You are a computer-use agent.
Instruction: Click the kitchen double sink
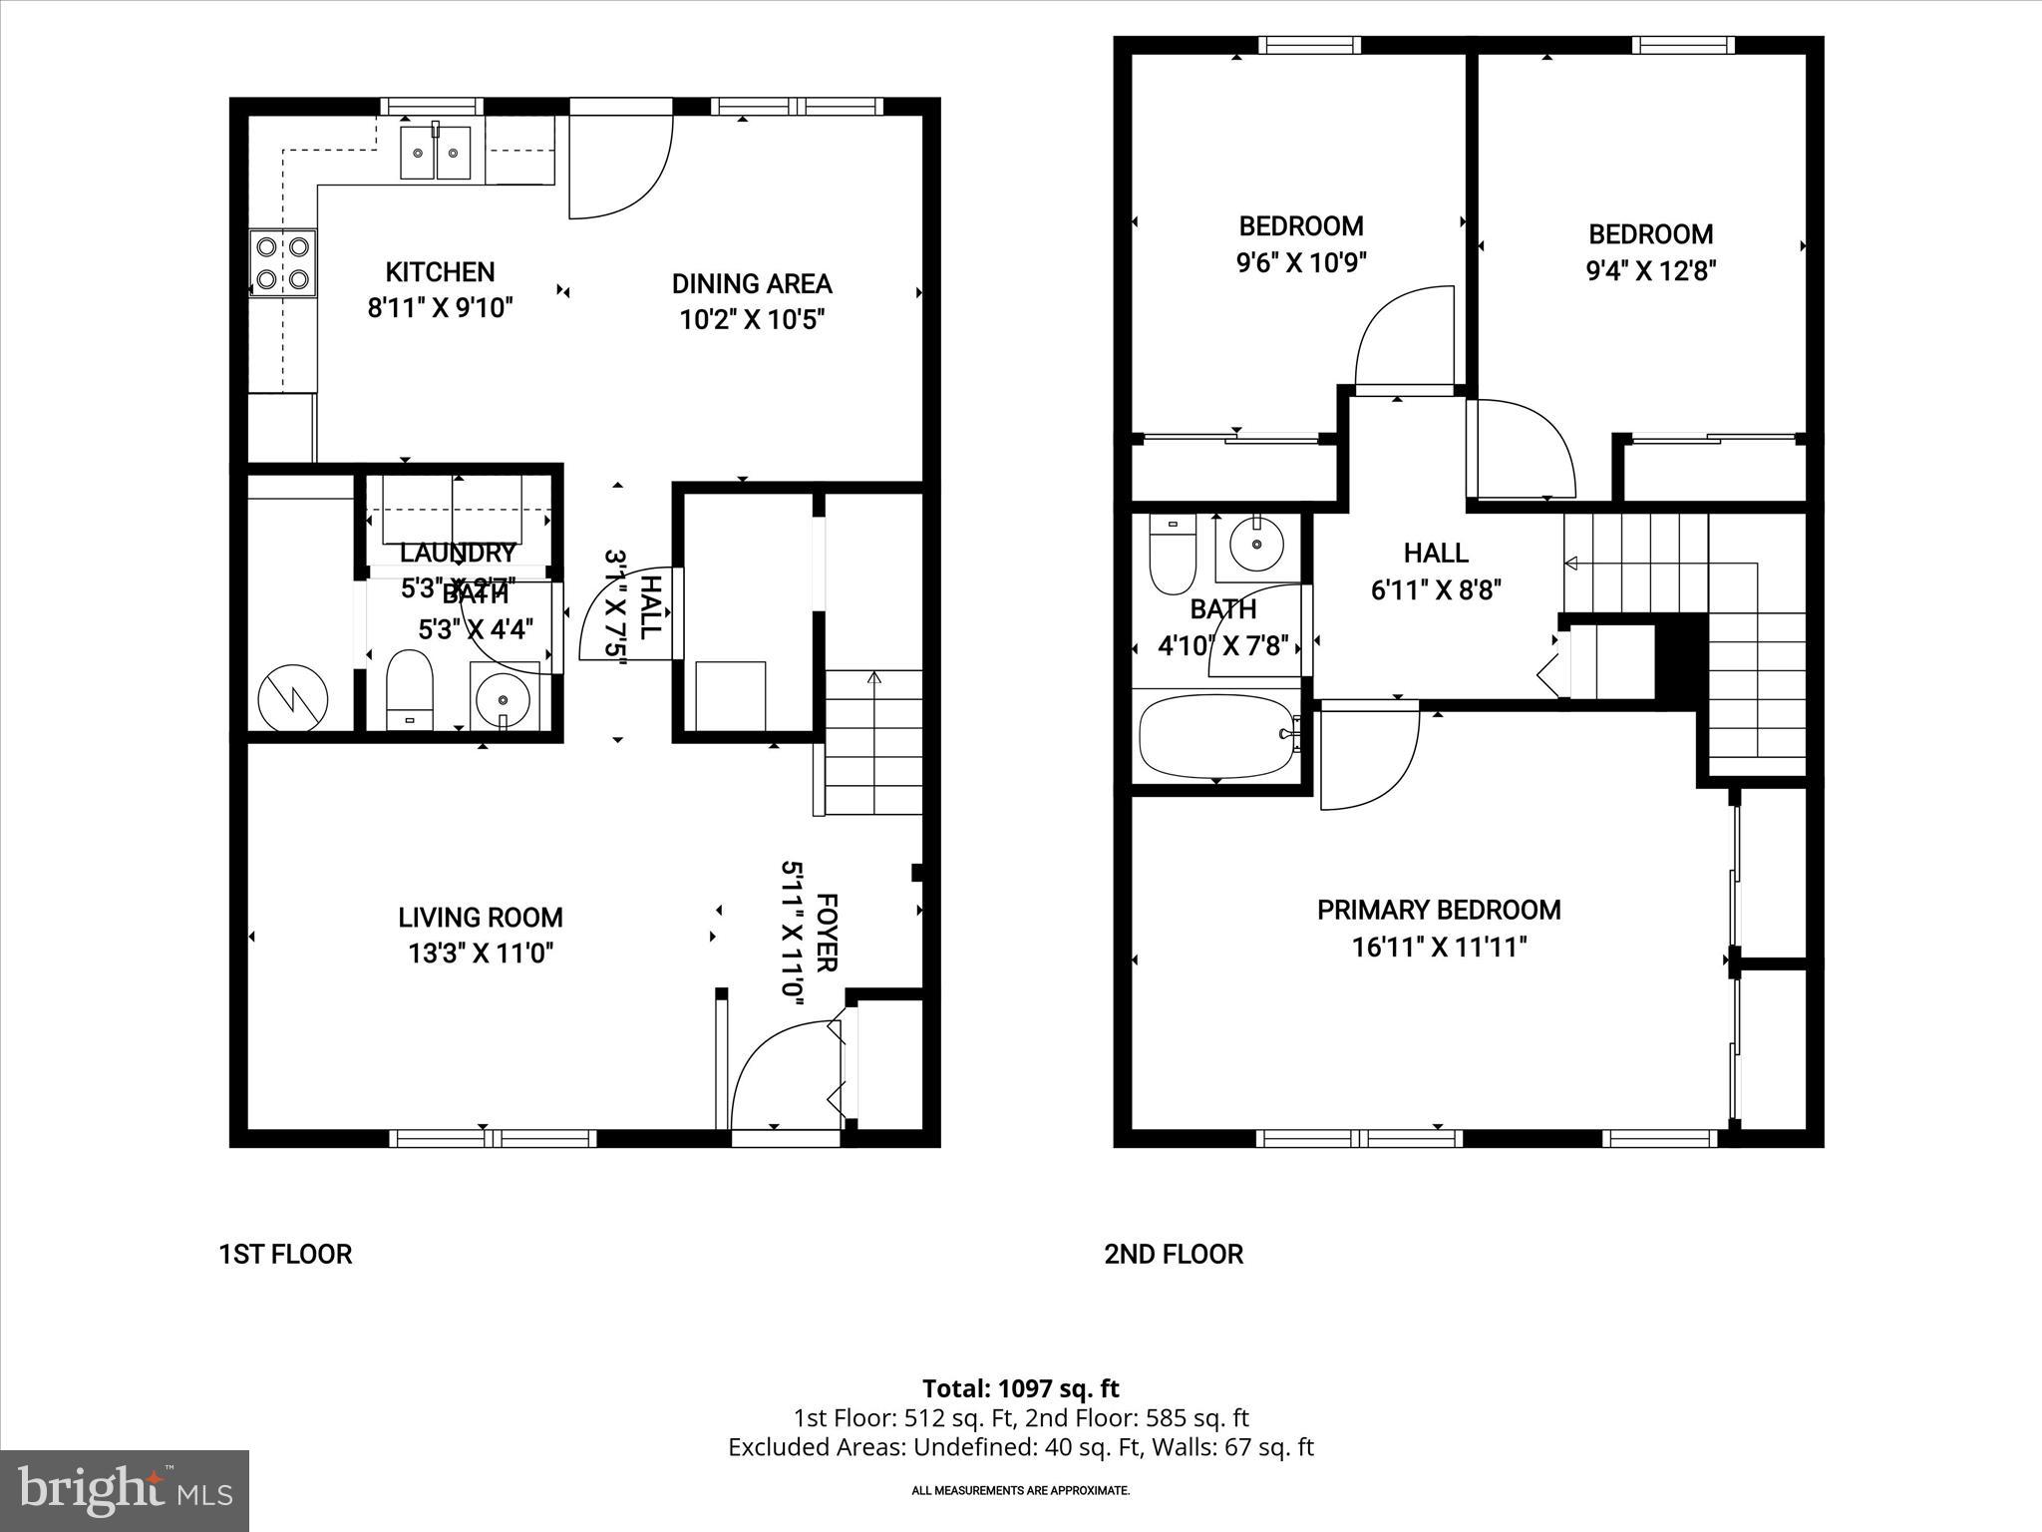pos(436,153)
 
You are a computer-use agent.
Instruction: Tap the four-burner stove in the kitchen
pos(282,262)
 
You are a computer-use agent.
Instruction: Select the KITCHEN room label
pos(440,271)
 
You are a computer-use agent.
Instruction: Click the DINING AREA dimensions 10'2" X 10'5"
pos(752,320)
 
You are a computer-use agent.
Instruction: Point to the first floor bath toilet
pos(409,689)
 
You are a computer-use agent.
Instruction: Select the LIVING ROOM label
pos(481,918)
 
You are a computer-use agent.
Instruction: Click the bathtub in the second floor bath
pos(1216,735)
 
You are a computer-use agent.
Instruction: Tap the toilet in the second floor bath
pos(1172,555)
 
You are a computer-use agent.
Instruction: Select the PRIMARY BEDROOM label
pos(1439,910)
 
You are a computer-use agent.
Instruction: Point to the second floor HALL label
pos(1436,553)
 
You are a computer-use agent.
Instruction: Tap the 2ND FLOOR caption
pos(1173,1254)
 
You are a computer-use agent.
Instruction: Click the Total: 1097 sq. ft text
pos(1020,1388)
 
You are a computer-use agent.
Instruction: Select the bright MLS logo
pos(125,1489)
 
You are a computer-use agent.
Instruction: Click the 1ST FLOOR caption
pos(285,1254)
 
